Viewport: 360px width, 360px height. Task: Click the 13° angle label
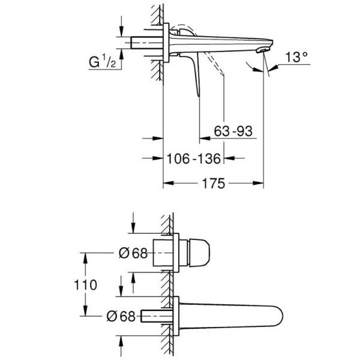[x=296, y=57]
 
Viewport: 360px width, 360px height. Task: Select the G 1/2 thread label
[x=103, y=62]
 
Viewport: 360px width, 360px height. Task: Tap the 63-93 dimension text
[x=233, y=131]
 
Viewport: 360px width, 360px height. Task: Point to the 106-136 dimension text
[x=193, y=158]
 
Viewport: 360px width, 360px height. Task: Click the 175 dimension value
[x=213, y=184]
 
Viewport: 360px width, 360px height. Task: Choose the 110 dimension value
[x=85, y=285]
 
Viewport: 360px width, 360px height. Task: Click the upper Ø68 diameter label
[x=133, y=253]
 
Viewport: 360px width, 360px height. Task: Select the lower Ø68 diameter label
[x=121, y=316]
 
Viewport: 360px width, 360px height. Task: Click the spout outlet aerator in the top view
[x=263, y=50]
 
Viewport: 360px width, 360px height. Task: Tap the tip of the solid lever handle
[x=199, y=95]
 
